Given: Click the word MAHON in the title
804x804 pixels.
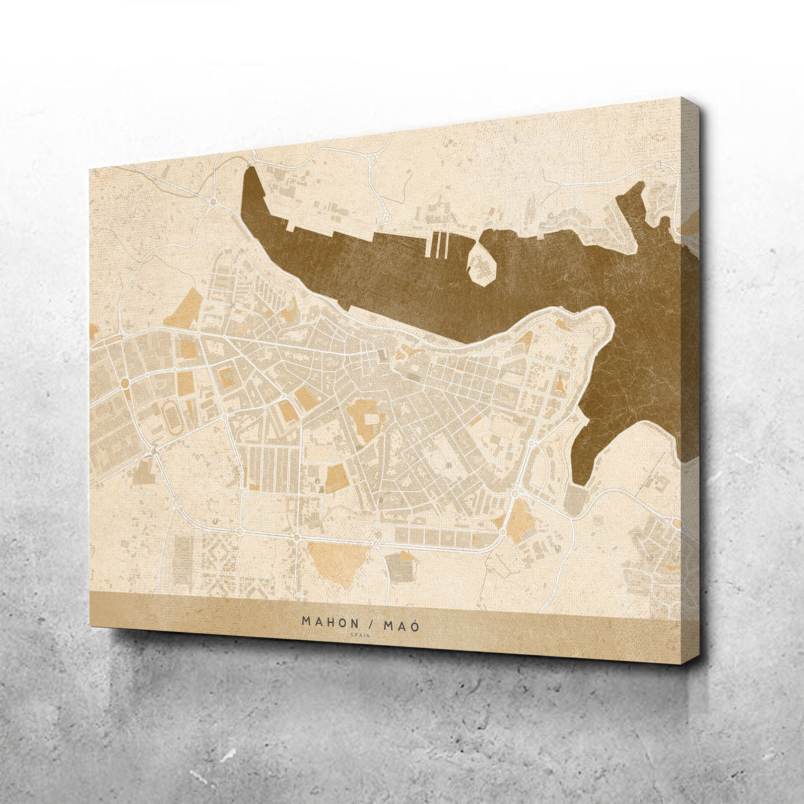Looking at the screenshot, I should (330, 622).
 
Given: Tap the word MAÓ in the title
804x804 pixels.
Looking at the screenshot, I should (401, 624).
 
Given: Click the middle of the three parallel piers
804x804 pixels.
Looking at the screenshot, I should (438, 245).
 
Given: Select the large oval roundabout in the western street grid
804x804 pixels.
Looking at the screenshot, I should (125, 383).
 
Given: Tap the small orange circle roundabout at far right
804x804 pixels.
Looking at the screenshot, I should (676, 523).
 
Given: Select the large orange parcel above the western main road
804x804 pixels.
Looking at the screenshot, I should (184, 310).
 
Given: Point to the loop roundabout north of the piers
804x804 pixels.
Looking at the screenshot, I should (386, 218).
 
